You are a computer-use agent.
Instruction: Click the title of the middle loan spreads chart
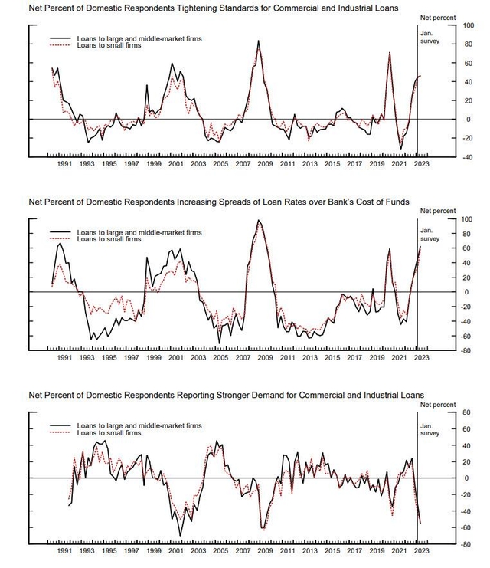coord(218,202)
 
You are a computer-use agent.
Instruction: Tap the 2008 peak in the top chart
coord(258,41)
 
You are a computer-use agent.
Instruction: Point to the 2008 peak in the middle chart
coord(259,221)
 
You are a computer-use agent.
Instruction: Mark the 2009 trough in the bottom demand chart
coord(263,529)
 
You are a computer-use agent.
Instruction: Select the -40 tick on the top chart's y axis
coord(448,157)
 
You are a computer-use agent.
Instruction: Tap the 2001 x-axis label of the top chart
coord(175,163)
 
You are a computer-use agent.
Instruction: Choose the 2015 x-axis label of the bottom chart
coord(332,551)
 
